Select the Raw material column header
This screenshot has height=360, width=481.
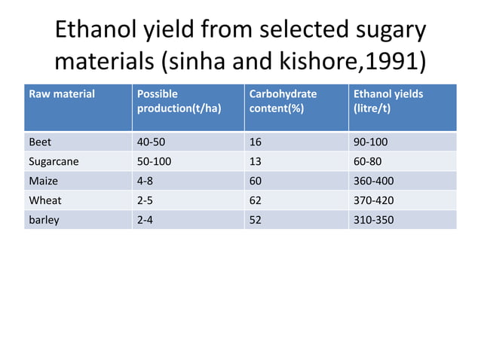pyautogui.click(x=62, y=94)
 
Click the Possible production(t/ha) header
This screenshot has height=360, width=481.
pyautogui.click(x=179, y=101)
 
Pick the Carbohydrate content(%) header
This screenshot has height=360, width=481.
pyautogui.click(x=283, y=101)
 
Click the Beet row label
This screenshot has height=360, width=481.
pyautogui.click(x=38, y=141)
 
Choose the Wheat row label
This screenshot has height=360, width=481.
pyautogui.click(x=44, y=200)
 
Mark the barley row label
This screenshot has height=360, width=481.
pyautogui.click(x=43, y=220)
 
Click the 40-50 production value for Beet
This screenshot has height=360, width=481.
pyautogui.click(x=151, y=141)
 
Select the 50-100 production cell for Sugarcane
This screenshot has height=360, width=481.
pyautogui.click(x=154, y=160)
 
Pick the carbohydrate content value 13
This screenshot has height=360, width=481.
pyautogui.click(x=255, y=160)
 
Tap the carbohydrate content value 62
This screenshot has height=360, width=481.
pyautogui.click(x=255, y=200)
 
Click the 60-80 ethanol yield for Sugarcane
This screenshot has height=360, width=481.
pyautogui.click(x=368, y=160)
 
